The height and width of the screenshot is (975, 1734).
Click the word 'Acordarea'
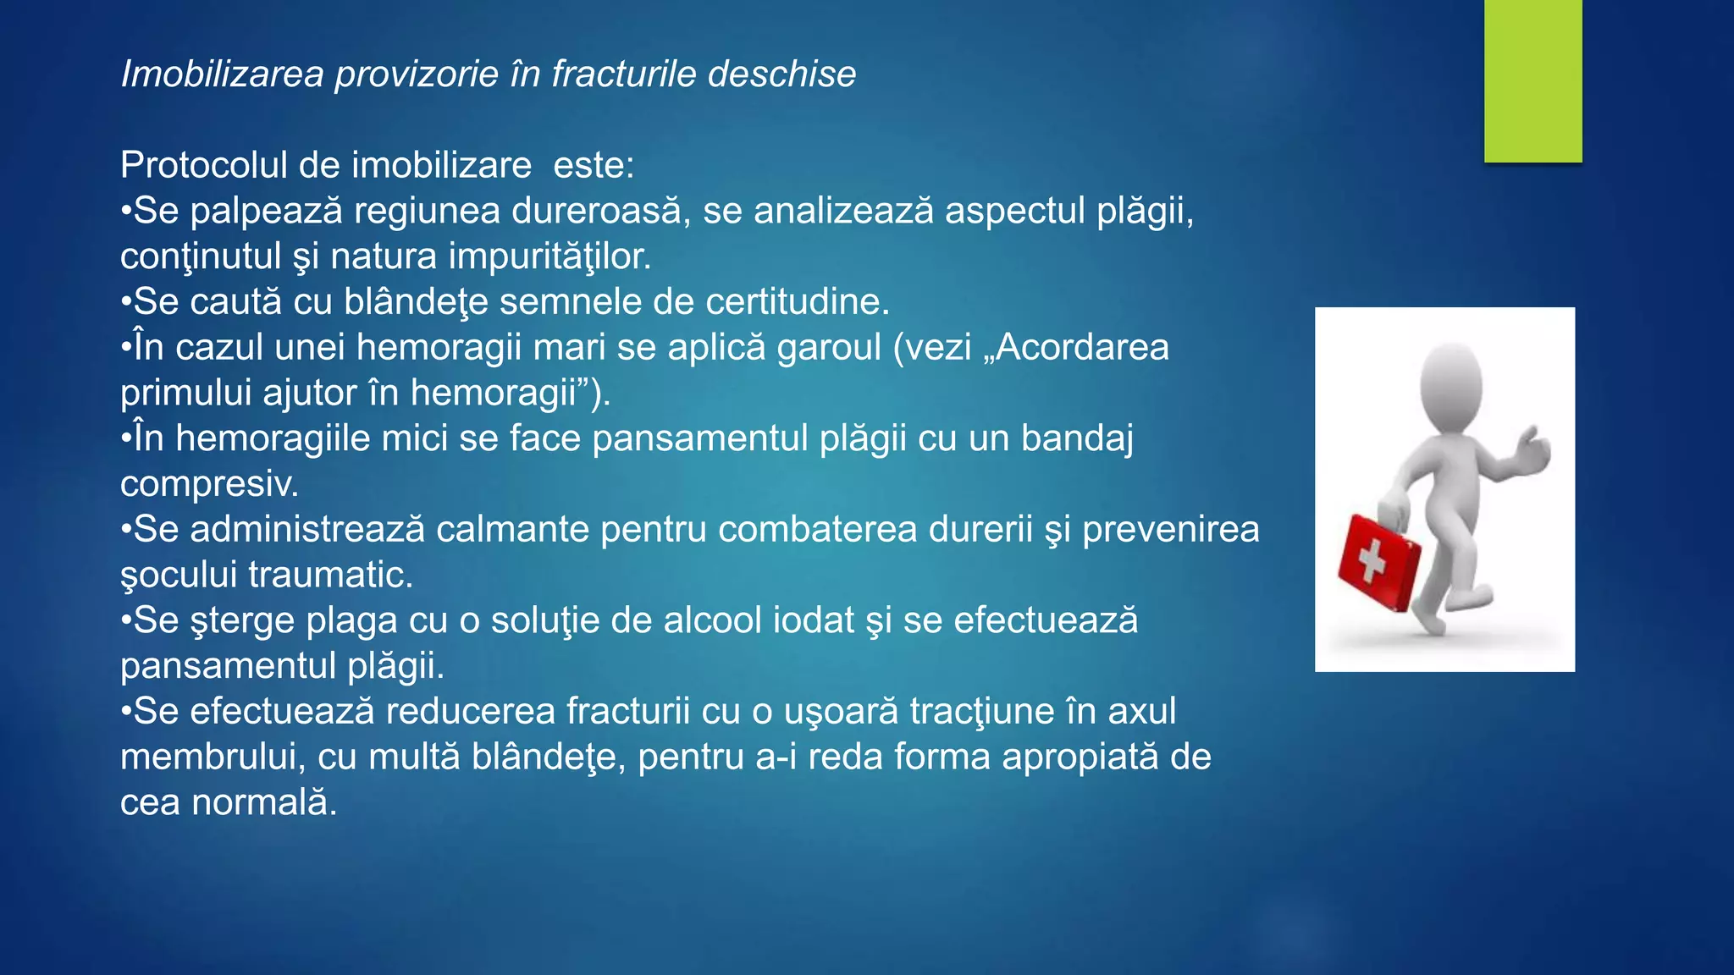1083,348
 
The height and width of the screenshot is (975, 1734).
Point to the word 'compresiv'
208,484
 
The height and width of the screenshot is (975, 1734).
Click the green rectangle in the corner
1532,80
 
